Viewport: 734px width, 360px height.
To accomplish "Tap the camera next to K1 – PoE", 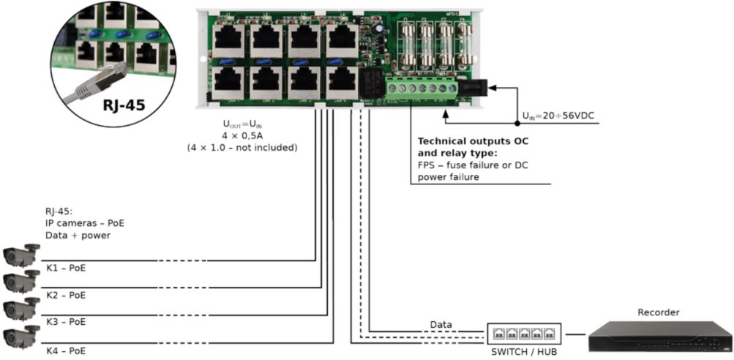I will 21,255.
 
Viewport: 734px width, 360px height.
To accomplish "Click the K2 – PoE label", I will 65,295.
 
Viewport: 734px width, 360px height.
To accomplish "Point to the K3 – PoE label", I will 65,322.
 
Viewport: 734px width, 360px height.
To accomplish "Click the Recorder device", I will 659,337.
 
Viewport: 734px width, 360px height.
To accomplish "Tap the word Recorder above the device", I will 659,312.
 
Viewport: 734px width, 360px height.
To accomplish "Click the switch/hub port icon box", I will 524,334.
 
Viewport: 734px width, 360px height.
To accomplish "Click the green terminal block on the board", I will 422,89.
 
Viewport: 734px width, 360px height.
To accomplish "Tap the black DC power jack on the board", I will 472,89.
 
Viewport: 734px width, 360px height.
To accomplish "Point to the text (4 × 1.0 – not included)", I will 242,147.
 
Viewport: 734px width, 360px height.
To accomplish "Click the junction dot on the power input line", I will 517,124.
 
